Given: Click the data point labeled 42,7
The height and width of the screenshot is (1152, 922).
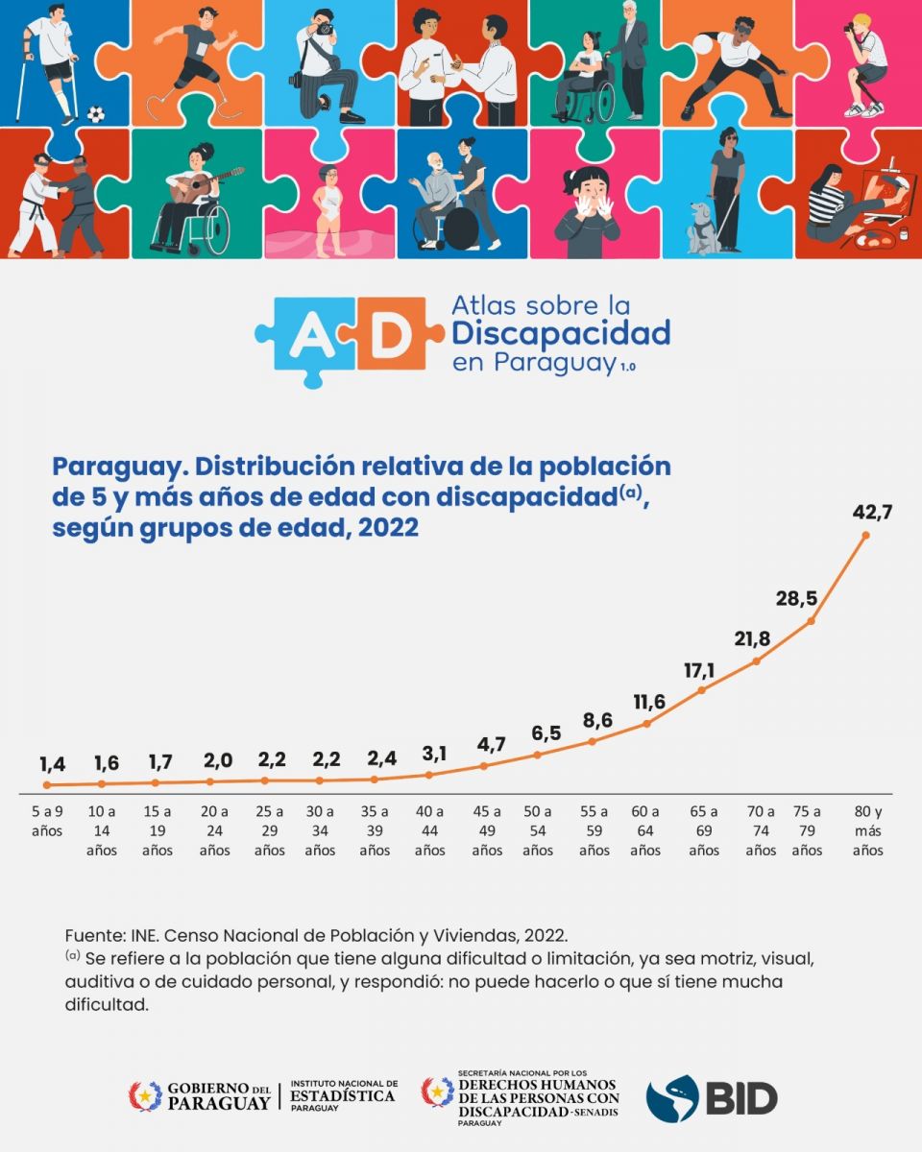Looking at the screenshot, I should click(x=866, y=535).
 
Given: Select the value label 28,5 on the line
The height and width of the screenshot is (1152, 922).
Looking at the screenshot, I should click(x=796, y=599).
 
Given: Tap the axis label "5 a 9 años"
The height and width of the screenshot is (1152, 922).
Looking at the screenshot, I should click(x=47, y=821).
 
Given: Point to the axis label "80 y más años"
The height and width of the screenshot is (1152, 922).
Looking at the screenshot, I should click(x=867, y=830).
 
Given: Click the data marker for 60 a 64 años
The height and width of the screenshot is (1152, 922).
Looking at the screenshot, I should click(x=647, y=723).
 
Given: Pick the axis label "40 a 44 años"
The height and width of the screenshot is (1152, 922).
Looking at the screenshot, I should click(x=429, y=830).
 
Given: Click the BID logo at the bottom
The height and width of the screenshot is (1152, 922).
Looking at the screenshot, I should click(x=712, y=1097).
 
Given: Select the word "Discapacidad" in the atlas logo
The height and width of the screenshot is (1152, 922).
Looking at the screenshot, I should click(x=561, y=334).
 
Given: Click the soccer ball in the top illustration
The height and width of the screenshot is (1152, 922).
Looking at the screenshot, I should click(x=96, y=114).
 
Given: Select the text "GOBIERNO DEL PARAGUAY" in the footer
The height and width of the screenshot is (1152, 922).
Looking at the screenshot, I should click(x=218, y=1096).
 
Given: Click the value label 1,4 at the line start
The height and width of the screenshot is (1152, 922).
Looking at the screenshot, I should click(x=55, y=764).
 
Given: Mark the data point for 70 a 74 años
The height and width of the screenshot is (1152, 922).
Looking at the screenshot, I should click(x=758, y=660).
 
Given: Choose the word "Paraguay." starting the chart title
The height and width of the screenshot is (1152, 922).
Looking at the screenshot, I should click(x=112, y=468).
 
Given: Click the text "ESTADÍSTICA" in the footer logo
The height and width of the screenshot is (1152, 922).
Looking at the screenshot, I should click(x=342, y=1095).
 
